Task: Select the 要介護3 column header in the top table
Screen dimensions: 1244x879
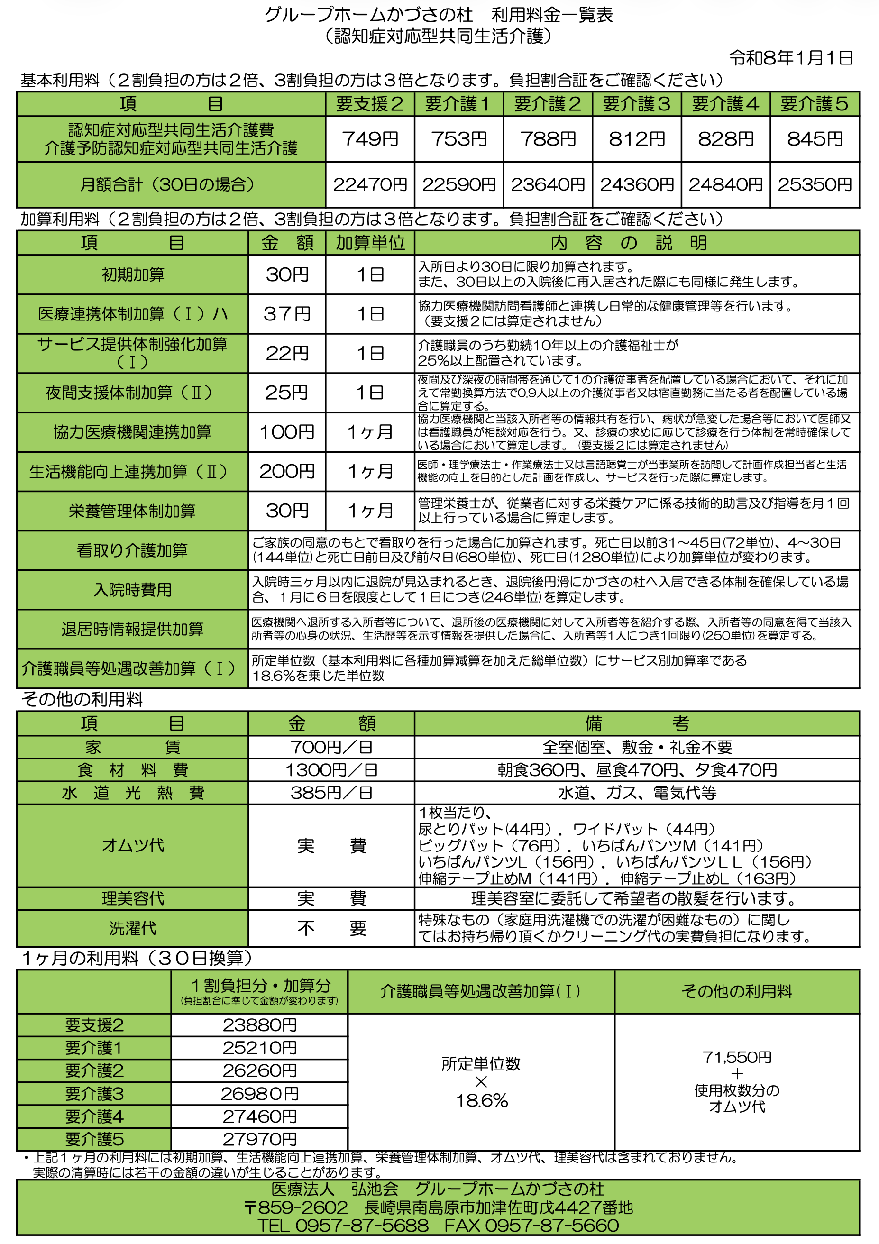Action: click(x=636, y=103)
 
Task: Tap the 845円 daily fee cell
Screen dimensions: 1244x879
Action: click(x=815, y=139)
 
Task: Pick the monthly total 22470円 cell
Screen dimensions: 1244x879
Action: click(x=370, y=185)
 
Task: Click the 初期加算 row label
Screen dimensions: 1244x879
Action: click(x=133, y=274)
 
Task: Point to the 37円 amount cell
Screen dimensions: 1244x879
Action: click(x=287, y=314)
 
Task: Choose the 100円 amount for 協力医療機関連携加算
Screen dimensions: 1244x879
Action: click(x=287, y=432)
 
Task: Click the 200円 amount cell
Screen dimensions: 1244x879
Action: click(x=287, y=471)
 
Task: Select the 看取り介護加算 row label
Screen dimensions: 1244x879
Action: click(x=133, y=550)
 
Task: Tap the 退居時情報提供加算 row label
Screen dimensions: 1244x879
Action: click(x=133, y=629)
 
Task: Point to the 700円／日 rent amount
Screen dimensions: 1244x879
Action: click(x=331, y=747)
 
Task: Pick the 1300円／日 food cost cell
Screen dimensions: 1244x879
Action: click(x=331, y=770)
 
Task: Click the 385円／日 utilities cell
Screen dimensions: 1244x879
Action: click(x=331, y=793)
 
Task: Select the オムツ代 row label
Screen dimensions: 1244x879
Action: click(x=133, y=845)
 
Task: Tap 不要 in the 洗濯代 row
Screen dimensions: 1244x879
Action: click(x=331, y=928)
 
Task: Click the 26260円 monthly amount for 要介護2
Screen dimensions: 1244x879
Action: click(x=260, y=1070)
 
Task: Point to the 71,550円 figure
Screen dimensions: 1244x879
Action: click(x=736, y=1057)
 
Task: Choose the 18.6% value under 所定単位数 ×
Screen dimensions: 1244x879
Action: click(x=481, y=1100)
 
